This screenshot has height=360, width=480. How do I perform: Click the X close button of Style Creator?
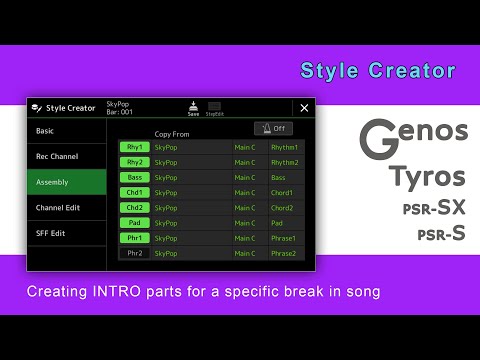point(304,107)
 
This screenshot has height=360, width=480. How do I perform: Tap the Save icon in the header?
point(193,107)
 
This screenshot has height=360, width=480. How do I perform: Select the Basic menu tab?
point(66,131)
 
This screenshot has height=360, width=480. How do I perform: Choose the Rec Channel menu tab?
point(66,156)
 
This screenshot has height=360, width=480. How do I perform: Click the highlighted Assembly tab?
point(66,181)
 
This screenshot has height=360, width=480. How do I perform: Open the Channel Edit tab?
point(66,208)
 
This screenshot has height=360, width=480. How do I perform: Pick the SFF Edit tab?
point(66,233)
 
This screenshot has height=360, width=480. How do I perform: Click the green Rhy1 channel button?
point(134,147)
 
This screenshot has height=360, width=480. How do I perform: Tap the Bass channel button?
point(134,177)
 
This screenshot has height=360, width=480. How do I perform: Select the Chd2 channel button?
point(134,208)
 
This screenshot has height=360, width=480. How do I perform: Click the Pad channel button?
point(134,223)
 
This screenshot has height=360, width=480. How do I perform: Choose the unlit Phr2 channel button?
point(134,253)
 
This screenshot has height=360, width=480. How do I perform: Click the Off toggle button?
point(273,128)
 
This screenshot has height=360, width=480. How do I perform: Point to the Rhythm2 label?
point(285,162)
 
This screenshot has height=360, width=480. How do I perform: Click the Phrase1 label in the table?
point(285,238)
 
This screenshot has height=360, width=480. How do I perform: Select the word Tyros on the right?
point(427,178)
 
